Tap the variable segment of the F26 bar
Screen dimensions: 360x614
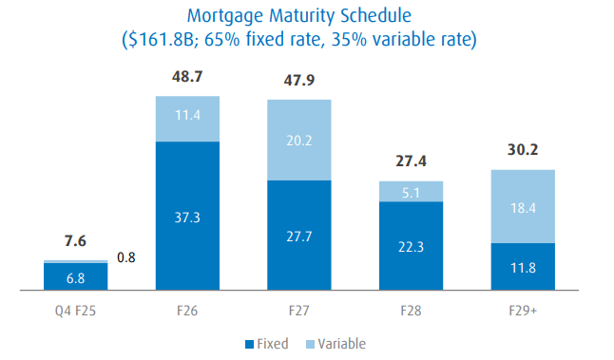pos(188,119)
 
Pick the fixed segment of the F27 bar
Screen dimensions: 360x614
pos(299,235)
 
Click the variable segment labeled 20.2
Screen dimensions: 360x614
pos(299,140)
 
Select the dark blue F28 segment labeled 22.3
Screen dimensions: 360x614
pos(411,245)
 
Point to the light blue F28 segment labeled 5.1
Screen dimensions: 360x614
pos(411,191)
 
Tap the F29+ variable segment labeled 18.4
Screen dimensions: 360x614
pos(522,206)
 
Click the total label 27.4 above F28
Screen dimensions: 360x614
pos(411,161)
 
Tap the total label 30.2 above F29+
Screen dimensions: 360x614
pos(522,149)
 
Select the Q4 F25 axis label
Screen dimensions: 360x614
pos(76,309)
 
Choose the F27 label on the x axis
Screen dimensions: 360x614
pos(299,309)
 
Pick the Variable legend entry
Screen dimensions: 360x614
pos(335,344)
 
